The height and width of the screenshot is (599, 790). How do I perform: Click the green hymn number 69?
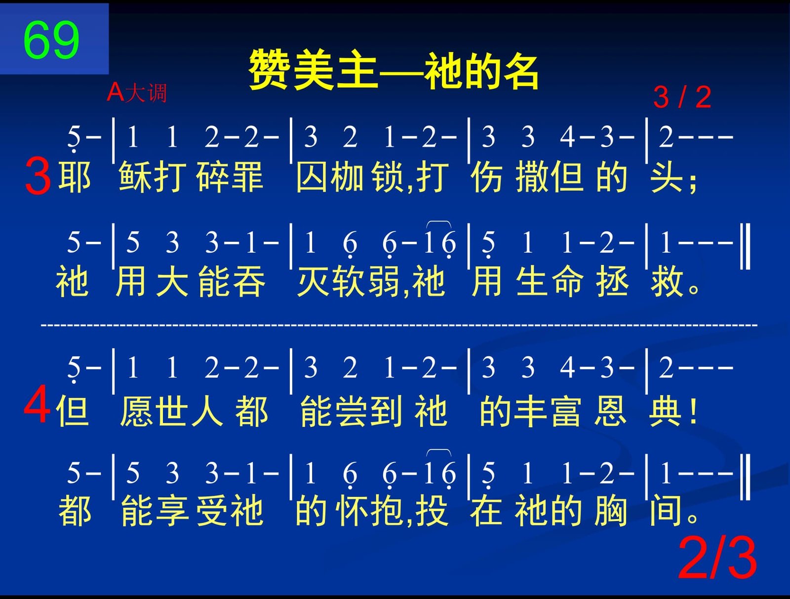pyautogui.click(x=51, y=40)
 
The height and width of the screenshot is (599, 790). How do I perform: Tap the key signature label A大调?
pyautogui.click(x=137, y=93)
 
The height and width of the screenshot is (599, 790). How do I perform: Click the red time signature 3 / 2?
pyautogui.click(x=682, y=97)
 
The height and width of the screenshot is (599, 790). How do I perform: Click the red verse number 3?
pyautogui.click(x=38, y=176)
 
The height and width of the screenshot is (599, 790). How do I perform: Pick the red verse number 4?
pyautogui.click(x=37, y=405)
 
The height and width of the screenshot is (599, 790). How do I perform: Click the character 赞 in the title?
pyautogui.click(x=270, y=70)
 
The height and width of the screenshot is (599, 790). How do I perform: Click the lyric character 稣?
pyautogui.click(x=135, y=177)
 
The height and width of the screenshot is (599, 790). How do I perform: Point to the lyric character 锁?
pyautogui.click(x=388, y=177)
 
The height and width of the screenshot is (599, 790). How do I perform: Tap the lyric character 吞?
pyautogui.click(x=249, y=281)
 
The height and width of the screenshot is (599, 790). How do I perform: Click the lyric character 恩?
pyautogui.click(x=611, y=411)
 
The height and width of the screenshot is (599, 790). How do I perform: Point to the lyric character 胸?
pyautogui.click(x=611, y=511)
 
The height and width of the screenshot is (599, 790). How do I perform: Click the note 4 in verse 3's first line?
pyautogui.click(x=567, y=137)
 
